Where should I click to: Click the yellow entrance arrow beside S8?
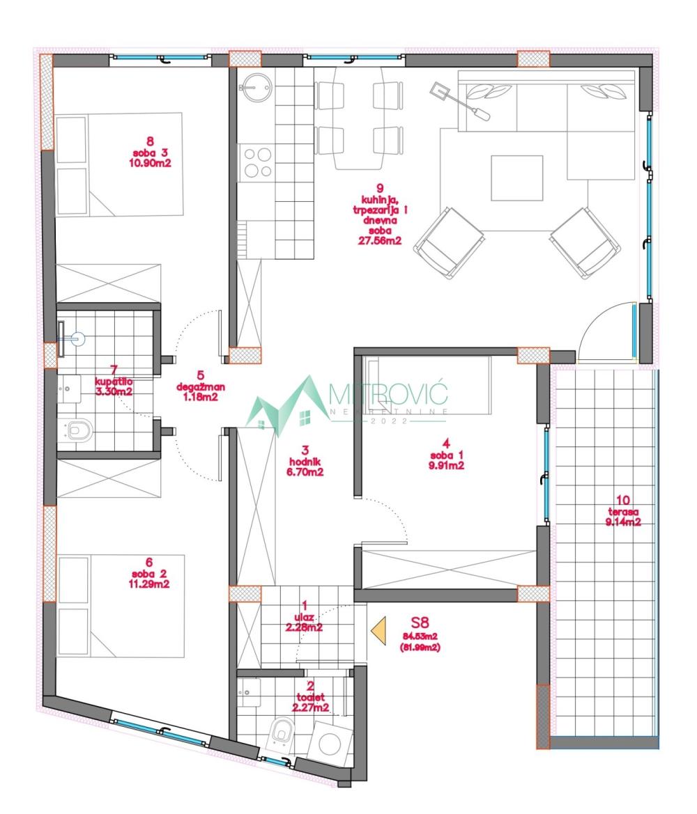click(x=378, y=630)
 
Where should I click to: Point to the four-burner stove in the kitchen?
click(x=256, y=163)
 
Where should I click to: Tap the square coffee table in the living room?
click(x=516, y=177)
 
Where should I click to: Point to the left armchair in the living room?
click(x=450, y=242)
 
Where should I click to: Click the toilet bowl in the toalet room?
click(x=282, y=732)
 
